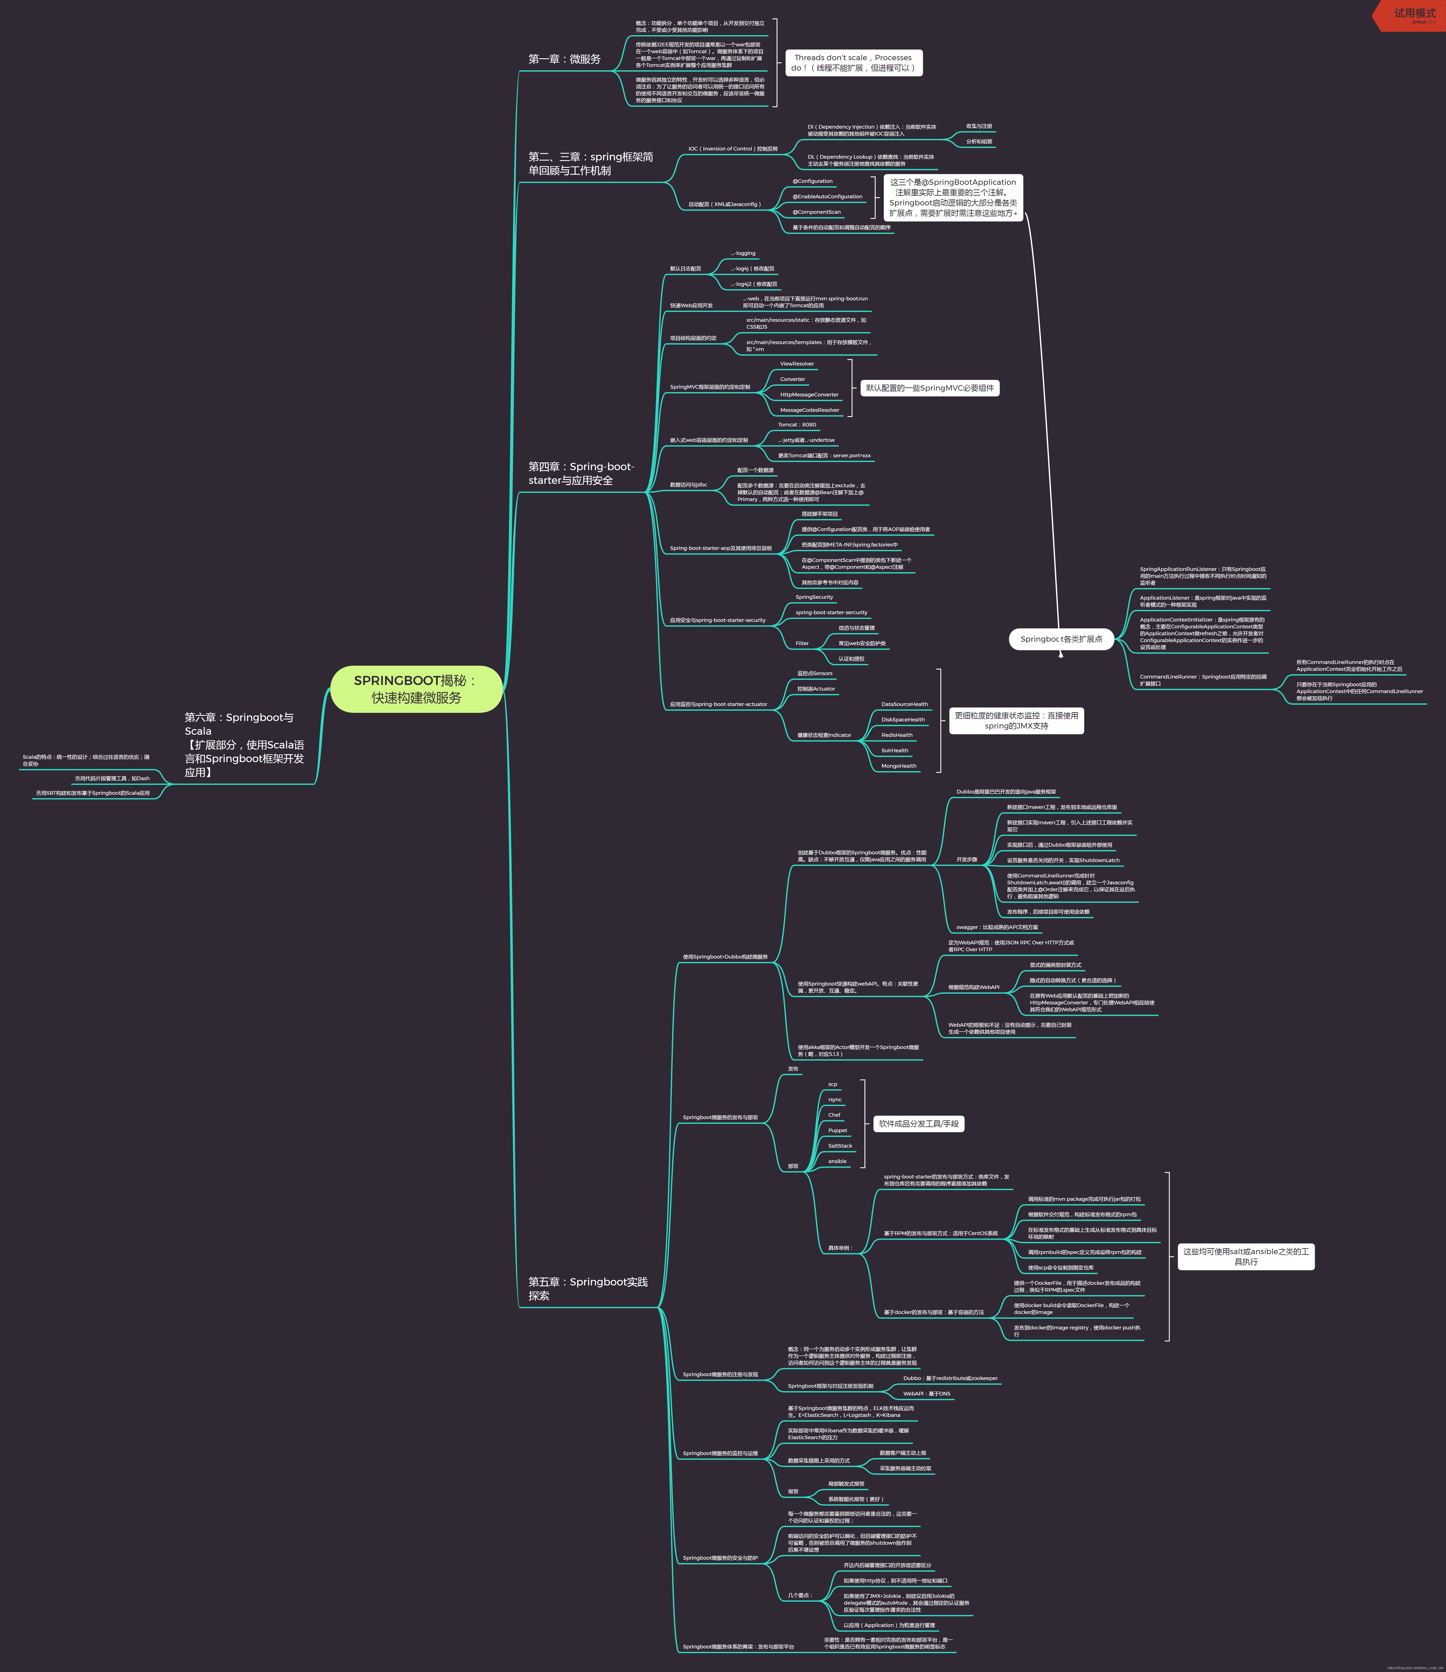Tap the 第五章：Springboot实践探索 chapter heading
pyautogui.click(x=587, y=1289)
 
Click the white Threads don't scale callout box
pyautogui.click(x=853, y=63)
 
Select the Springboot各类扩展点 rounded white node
pyautogui.click(x=1061, y=639)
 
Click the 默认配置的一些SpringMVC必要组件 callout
pyautogui.click(x=930, y=388)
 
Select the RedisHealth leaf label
pyautogui.click(x=897, y=735)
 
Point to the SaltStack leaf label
pyautogui.click(x=840, y=1146)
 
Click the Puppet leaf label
pyautogui.click(x=838, y=1130)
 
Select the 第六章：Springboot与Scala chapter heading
pyautogui.click(x=244, y=744)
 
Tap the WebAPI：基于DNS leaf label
pyautogui.click(x=926, y=1394)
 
